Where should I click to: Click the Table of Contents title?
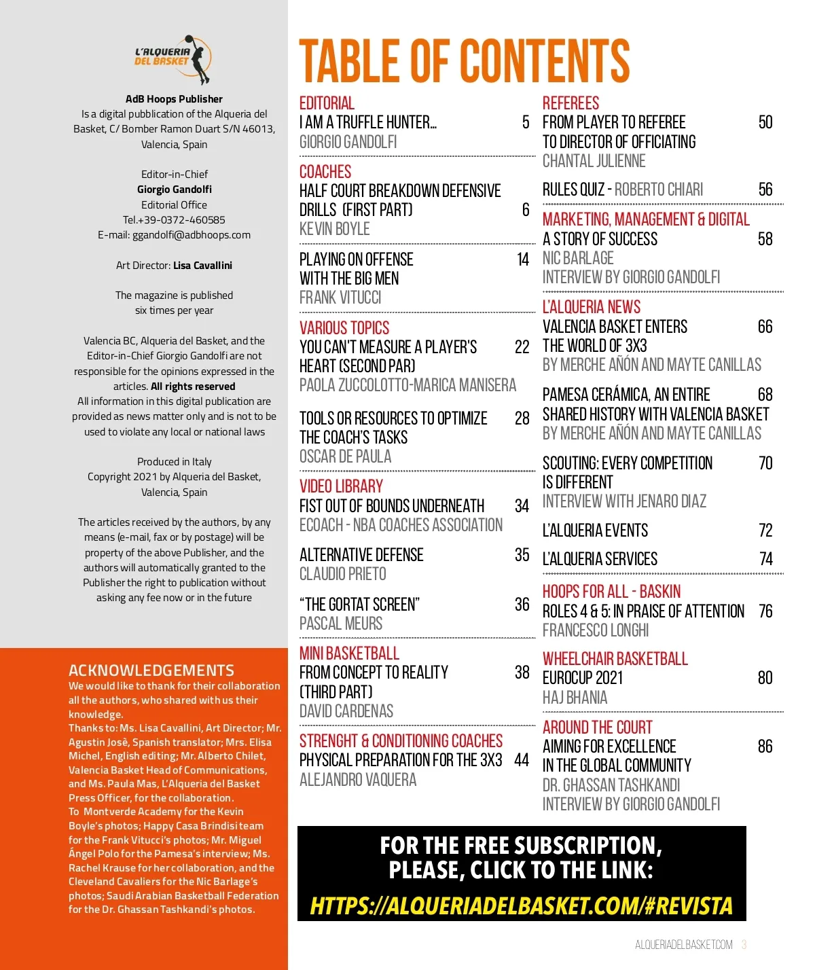click(x=465, y=61)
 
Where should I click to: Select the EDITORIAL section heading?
click(x=327, y=103)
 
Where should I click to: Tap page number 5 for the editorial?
click(x=526, y=122)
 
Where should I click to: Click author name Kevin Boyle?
click(x=335, y=229)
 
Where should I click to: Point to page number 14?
click(x=523, y=259)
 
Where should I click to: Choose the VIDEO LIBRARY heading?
click(x=341, y=486)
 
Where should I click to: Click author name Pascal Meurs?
click(x=341, y=624)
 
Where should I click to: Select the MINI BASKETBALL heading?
click(x=349, y=653)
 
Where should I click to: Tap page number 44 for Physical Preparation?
click(x=522, y=760)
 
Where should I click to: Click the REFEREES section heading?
click(x=570, y=103)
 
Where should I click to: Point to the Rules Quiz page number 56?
click(x=765, y=190)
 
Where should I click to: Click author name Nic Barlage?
click(x=578, y=258)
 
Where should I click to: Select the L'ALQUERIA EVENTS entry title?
click(x=595, y=531)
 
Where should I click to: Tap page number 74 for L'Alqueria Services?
click(x=766, y=559)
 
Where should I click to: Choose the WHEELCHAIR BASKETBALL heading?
click(x=615, y=659)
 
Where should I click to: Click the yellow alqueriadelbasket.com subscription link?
click(x=521, y=905)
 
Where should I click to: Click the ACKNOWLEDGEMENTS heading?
click(x=151, y=670)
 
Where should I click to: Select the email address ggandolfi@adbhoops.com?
click(x=192, y=235)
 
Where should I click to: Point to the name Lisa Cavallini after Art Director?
click(x=202, y=266)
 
